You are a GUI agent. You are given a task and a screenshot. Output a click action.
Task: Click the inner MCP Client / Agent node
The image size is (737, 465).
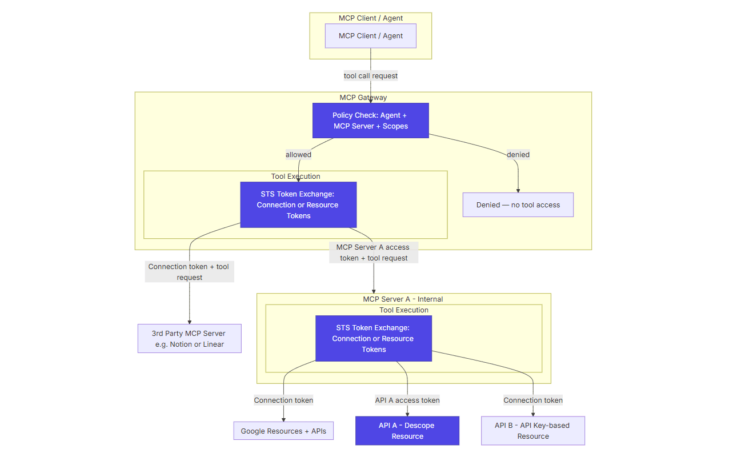[370, 35]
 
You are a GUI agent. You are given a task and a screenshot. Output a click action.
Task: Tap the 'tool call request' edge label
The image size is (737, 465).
[370, 75]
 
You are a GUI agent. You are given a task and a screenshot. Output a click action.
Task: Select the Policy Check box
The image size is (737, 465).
[370, 121]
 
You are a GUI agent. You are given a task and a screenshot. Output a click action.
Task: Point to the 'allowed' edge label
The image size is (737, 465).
[298, 154]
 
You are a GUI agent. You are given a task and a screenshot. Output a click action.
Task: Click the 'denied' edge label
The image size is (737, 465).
[518, 154]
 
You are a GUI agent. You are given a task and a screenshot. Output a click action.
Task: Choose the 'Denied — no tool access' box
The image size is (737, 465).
[518, 205]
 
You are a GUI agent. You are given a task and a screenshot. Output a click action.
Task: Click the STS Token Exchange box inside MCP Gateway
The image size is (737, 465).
[298, 205]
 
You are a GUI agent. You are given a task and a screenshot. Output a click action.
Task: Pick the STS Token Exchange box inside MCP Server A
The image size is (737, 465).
[373, 338]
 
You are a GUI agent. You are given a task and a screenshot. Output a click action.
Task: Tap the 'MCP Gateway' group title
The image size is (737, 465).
[363, 97]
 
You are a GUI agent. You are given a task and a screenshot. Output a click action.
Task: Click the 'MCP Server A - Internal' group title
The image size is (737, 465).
[403, 299]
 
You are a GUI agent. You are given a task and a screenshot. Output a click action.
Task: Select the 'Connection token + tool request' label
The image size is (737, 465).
[189, 272]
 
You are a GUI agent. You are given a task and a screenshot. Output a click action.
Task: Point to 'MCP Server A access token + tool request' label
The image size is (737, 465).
[373, 252]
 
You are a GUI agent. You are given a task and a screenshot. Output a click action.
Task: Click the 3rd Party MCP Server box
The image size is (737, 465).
[189, 339]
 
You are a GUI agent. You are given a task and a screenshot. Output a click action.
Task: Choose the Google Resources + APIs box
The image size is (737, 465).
[283, 431]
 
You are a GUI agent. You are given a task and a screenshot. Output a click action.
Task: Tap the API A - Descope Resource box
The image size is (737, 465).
[407, 431]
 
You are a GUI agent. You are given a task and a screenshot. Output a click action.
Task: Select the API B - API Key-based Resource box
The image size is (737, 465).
[532, 431]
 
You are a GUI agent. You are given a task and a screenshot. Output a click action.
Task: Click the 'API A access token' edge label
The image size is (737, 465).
[407, 400]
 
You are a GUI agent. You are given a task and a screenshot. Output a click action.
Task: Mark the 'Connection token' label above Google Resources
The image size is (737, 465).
[283, 400]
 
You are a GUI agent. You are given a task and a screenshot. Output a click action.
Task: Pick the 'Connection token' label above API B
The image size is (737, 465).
[532, 400]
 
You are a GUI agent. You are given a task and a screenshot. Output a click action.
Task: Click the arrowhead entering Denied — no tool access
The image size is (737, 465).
[518, 190]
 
